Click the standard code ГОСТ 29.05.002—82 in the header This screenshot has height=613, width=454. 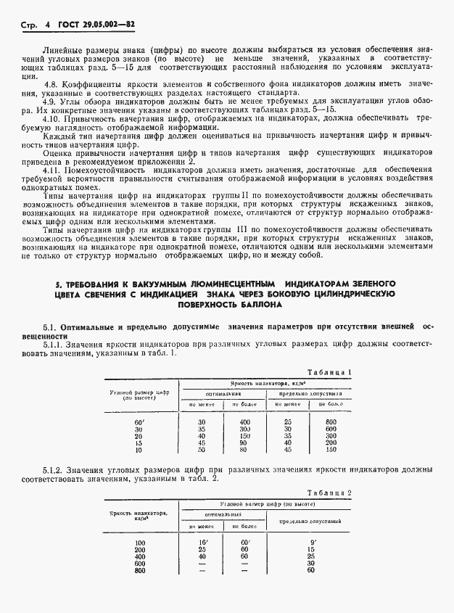tap(98, 24)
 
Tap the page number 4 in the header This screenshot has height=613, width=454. tap(46, 24)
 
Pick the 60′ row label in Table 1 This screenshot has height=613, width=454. tap(140, 421)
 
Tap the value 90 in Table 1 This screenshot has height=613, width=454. tap(244, 443)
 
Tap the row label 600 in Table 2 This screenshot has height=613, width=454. tap(140, 563)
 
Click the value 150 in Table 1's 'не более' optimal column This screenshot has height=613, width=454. tap(244, 435)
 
